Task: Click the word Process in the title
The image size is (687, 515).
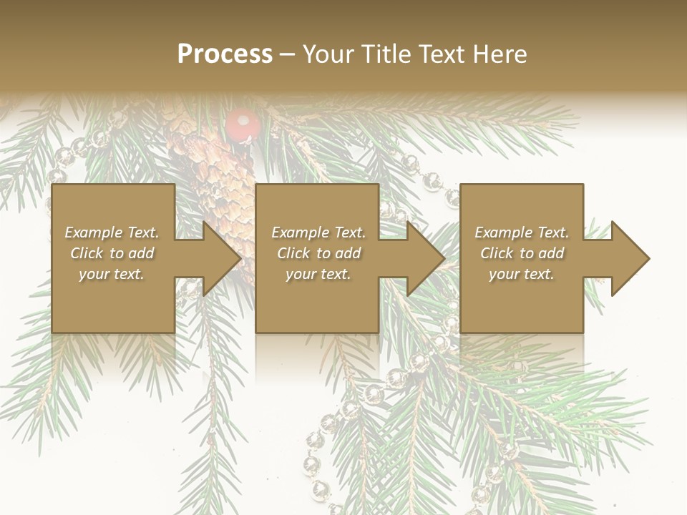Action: coord(225,54)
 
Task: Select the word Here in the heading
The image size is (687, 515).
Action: coord(499,54)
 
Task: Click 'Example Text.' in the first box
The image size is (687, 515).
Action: coord(112,232)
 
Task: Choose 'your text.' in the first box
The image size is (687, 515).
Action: coord(112,274)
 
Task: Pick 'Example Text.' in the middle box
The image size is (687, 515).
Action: coord(318,232)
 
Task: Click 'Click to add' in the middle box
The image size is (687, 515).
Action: coord(318,253)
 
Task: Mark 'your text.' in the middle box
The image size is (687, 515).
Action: coord(318,274)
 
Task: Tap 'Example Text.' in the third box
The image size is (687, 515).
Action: coord(522,232)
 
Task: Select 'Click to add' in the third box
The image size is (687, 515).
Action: coord(522,253)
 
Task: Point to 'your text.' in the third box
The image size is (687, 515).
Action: coord(522,274)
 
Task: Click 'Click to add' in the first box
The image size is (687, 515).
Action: coord(112,253)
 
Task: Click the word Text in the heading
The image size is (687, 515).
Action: coord(441,54)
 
